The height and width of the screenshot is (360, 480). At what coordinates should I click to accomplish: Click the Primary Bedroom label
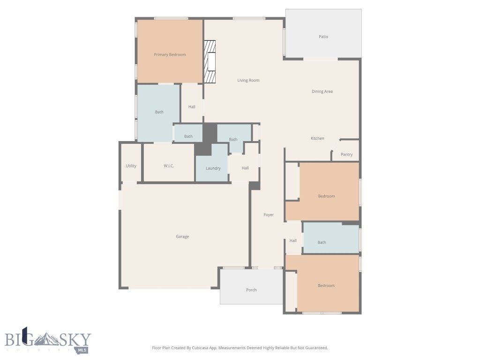click(x=170, y=55)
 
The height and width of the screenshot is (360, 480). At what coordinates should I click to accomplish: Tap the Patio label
click(x=323, y=37)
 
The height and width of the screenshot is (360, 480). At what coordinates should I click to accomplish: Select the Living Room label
click(x=248, y=80)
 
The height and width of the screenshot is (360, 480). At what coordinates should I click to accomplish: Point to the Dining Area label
click(x=322, y=91)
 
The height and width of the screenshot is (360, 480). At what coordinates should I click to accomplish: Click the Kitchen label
click(x=317, y=138)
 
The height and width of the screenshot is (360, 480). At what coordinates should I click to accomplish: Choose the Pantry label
click(x=346, y=155)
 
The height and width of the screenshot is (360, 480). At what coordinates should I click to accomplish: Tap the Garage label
click(x=182, y=237)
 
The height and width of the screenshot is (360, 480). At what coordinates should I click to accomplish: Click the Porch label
click(x=251, y=290)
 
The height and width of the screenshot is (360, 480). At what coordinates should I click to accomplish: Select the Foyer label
click(x=269, y=215)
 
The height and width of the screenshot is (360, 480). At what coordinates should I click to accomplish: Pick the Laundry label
click(x=213, y=168)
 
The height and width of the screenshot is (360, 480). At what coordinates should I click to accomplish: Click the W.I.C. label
click(x=169, y=166)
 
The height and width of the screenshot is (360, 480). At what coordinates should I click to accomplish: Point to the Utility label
click(x=131, y=166)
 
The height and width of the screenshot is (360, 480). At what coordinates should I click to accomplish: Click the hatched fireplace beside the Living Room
click(x=210, y=62)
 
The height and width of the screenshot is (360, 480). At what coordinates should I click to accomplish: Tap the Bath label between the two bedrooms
click(x=322, y=242)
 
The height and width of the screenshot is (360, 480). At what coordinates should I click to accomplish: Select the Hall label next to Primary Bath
click(x=192, y=107)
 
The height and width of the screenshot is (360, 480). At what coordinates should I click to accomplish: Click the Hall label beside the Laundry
click(x=245, y=168)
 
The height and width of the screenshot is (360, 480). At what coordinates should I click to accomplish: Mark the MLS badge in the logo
click(x=82, y=350)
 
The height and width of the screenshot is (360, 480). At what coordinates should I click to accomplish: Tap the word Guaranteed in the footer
click(x=315, y=348)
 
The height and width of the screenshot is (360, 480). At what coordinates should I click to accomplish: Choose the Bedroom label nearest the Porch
click(x=326, y=285)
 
